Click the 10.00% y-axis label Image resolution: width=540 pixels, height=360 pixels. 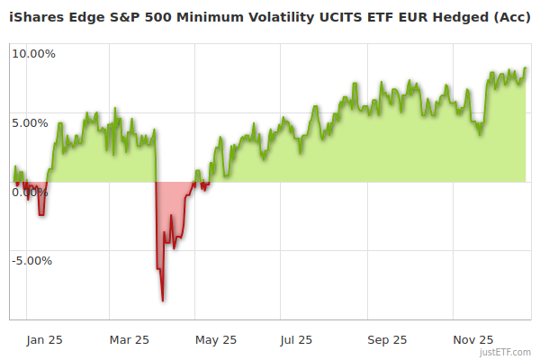pos(33,54)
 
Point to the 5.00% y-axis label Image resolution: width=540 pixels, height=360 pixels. pos(30,123)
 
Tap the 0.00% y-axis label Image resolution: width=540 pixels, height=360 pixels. pos(30,192)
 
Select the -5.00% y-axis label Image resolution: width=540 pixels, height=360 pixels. pos(31,261)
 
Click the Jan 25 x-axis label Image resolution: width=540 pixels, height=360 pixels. pos(43,339)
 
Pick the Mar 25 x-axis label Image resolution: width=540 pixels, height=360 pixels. pos(130,339)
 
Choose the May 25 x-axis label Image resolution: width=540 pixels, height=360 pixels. pos(216,339)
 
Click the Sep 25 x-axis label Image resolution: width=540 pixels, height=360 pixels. pos(387,339)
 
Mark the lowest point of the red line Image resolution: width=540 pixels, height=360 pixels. pos(162,301)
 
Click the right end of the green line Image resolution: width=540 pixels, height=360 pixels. pos(526,68)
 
